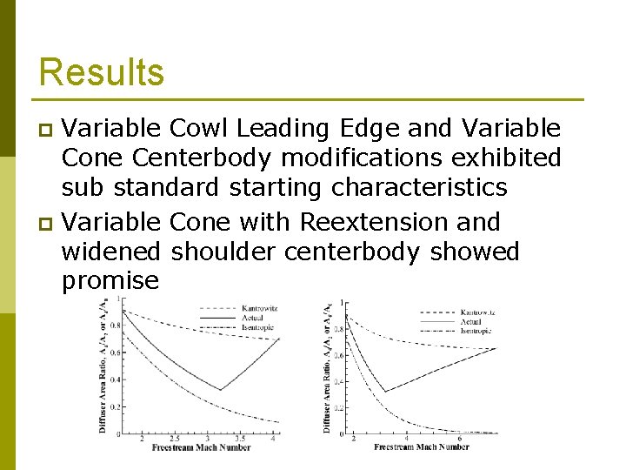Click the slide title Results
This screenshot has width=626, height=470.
pyautogui.click(x=102, y=71)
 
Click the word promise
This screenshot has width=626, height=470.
pyautogui.click(x=110, y=280)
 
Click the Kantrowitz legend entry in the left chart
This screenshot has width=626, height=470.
pyautogui.click(x=256, y=307)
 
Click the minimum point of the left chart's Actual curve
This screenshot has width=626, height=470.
pyautogui.click(x=220, y=389)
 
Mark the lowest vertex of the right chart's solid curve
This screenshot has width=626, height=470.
pyautogui.click(x=385, y=392)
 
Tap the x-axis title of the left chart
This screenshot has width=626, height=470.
pyautogui.click(x=200, y=447)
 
